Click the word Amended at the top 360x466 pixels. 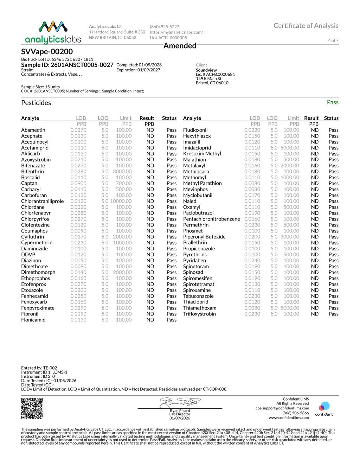click(x=180, y=46)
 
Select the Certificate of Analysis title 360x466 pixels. click(x=306, y=26)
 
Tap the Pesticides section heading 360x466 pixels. click(x=36, y=103)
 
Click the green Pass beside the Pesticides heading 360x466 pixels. click(x=332, y=102)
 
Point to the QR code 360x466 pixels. click(x=32, y=408)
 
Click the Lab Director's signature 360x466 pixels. click(x=180, y=403)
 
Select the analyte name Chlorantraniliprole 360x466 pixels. click(x=43, y=201)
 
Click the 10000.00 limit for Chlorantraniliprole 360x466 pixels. click(x=121, y=201)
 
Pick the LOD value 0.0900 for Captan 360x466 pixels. click(x=78, y=183)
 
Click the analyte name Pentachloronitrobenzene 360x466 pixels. click(x=212, y=219)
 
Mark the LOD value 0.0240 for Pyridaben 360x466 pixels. click(x=252, y=260)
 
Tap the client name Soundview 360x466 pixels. click(x=206, y=70)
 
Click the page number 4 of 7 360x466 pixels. click(x=333, y=40)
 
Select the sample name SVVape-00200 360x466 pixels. click(x=47, y=52)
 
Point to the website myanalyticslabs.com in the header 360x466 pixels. click(x=176, y=32)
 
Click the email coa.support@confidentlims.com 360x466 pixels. click(x=282, y=408)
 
